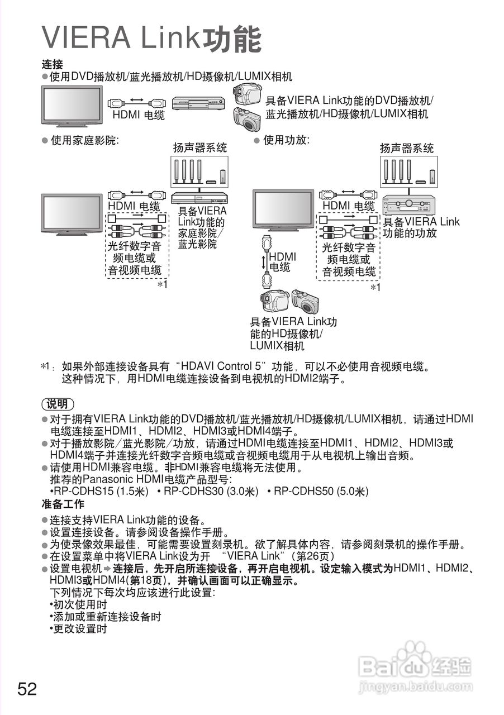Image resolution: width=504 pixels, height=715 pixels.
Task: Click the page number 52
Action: pos(27,689)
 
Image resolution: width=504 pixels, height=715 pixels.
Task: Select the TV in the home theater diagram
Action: pos(72,212)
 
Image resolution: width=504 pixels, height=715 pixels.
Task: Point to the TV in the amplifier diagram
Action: pos(283,209)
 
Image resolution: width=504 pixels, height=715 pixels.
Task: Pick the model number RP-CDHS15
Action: pos(84,492)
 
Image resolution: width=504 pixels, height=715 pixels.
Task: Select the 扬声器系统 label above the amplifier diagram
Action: pos(406,148)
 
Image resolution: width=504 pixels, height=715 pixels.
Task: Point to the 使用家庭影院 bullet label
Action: pos(84,141)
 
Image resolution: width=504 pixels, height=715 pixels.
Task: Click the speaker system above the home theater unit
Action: pos(200,171)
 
